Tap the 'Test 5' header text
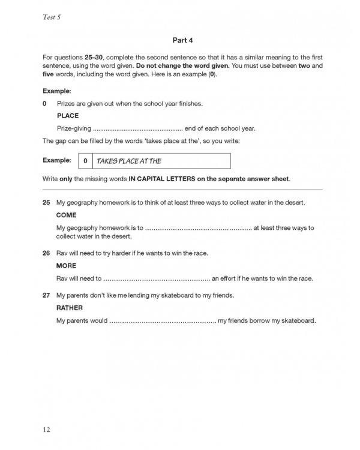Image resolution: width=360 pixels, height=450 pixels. pyautogui.click(x=52, y=17)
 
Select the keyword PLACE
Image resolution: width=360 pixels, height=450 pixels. pyautogui.click(x=67, y=116)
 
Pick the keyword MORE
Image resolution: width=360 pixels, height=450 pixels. pyautogui.click(x=66, y=265)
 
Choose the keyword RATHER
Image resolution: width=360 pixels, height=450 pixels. pyautogui.click(x=70, y=308)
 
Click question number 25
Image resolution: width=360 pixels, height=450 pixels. pyautogui.click(x=46, y=202)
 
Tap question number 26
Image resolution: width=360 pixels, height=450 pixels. pyautogui.click(x=46, y=253)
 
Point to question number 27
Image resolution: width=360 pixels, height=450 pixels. pyautogui.click(x=46, y=295)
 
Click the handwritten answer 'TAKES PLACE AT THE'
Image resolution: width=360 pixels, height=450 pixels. pyautogui.click(x=128, y=161)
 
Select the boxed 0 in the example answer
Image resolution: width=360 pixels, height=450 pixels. pyautogui.click(x=85, y=161)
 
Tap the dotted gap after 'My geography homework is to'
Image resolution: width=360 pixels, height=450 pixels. pyautogui.click(x=198, y=228)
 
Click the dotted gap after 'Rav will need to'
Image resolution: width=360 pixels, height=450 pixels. pyautogui.click(x=156, y=278)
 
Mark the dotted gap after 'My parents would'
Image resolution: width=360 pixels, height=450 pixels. pyautogui.click(x=162, y=321)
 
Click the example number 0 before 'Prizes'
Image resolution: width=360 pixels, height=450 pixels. pyautogui.click(x=45, y=103)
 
